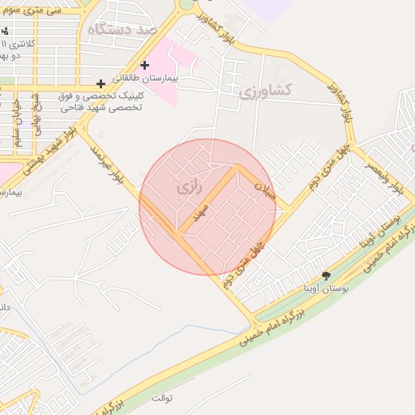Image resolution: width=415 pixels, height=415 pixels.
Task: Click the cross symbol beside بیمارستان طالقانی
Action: pyautogui.click(x=144, y=65)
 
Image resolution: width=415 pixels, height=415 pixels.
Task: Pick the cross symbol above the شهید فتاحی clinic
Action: pyautogui.click(x=101, y=83)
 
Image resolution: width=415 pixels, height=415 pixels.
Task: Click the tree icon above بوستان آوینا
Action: pyautogui.click(x=326, y=276)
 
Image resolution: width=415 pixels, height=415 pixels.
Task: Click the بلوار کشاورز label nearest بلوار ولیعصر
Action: pyautogui.click(x=341, y=101)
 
